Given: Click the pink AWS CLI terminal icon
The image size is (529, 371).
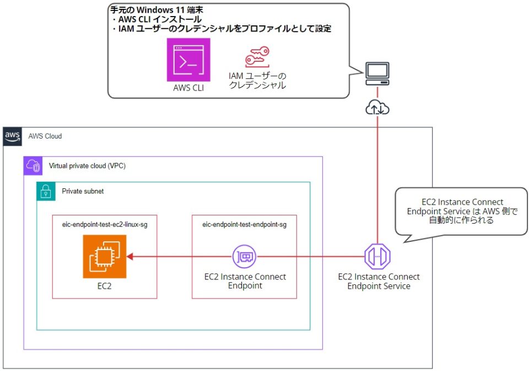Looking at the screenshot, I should pyautogui.click(x=188, y=60).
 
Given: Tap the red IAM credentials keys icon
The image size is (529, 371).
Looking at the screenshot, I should pyautogui.click(x=257, y=57).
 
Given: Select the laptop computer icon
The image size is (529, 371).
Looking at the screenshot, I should pyautogui.click(x=377, y=73).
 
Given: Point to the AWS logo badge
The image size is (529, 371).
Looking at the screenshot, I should pyautogui.click(x=13, y=136).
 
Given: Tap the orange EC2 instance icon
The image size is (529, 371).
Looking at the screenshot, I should pyautogui.click(x=105, y=256).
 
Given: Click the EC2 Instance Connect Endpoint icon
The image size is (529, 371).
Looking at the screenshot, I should pyautogui.click(x=244, y=256).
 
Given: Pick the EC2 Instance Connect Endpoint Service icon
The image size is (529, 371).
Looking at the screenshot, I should pyautogui.click(x=377, y=256).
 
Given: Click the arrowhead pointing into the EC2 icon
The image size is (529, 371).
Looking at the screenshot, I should pyautogui.click(x=131, y=256).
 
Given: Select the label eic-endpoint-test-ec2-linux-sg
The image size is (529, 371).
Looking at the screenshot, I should pyautogui.click(x=104, y=224).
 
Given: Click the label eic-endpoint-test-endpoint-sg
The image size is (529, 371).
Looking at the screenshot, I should pyautogui.click(x=244, y=224).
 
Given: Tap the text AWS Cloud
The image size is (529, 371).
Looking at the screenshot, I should pyautogui.click(x=45, y=136).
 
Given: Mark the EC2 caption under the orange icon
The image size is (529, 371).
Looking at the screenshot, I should pyautogui.click(x=104, y=287).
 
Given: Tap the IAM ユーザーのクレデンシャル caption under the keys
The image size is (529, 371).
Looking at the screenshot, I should pyautogui.click(x=257, y=81).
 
